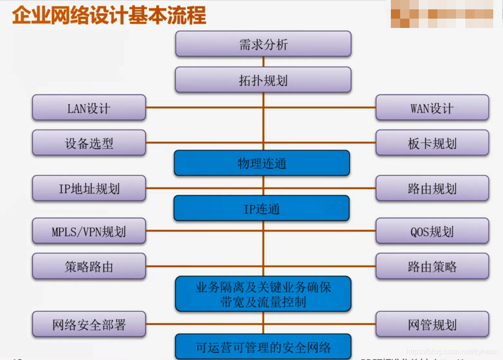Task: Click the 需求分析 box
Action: coord(263,44)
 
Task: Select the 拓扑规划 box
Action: coord(263,80)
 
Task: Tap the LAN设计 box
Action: coord(89,108)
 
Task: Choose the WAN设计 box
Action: coord(432,108)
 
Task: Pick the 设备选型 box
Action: coord(89,143)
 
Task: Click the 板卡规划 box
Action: coord(432,143)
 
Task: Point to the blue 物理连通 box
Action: coord(262,163)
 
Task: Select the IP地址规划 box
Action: coord(89,189)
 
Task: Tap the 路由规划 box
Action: coord(432,189)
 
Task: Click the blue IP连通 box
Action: coord(262,208)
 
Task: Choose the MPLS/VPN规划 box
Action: coord(89,231)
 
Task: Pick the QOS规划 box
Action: coord(432,231)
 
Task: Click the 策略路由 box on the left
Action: coord(89,266)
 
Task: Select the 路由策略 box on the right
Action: coord(432,266)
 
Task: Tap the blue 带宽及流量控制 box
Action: coord(263,294)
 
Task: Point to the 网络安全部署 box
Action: coord(89,324)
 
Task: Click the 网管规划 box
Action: coord(432,324)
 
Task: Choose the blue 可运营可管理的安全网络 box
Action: coord(263,347)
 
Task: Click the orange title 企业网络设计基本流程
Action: coord(109,15)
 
